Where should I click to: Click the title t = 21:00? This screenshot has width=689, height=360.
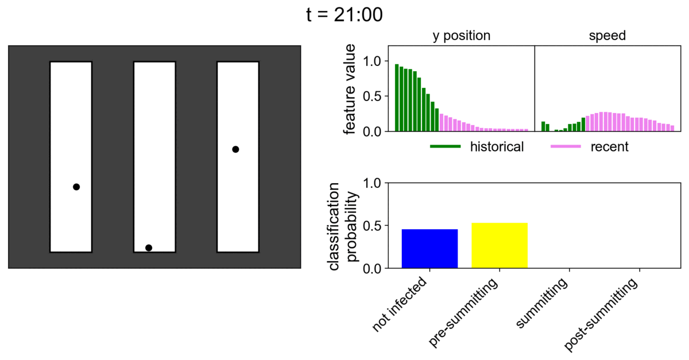(344, 16)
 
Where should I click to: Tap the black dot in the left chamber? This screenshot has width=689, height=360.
(76, 187)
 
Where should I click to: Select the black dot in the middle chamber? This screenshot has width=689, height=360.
(149, 247)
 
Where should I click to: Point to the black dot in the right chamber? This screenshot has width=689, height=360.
(235, 149)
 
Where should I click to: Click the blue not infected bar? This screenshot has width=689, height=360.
(429, 249)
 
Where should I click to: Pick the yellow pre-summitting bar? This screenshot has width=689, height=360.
(500, 245)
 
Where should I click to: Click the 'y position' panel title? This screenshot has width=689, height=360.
(461, 36)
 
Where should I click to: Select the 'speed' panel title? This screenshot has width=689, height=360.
(607, 36)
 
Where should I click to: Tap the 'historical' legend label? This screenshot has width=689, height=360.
(497, 147)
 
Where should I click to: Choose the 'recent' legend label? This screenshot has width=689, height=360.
(609, 147)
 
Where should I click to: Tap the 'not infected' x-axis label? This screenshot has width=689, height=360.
(401, 305)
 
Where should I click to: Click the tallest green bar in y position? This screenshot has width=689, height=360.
(397, 98)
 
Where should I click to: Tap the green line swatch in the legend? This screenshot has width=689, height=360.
(446, 147)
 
